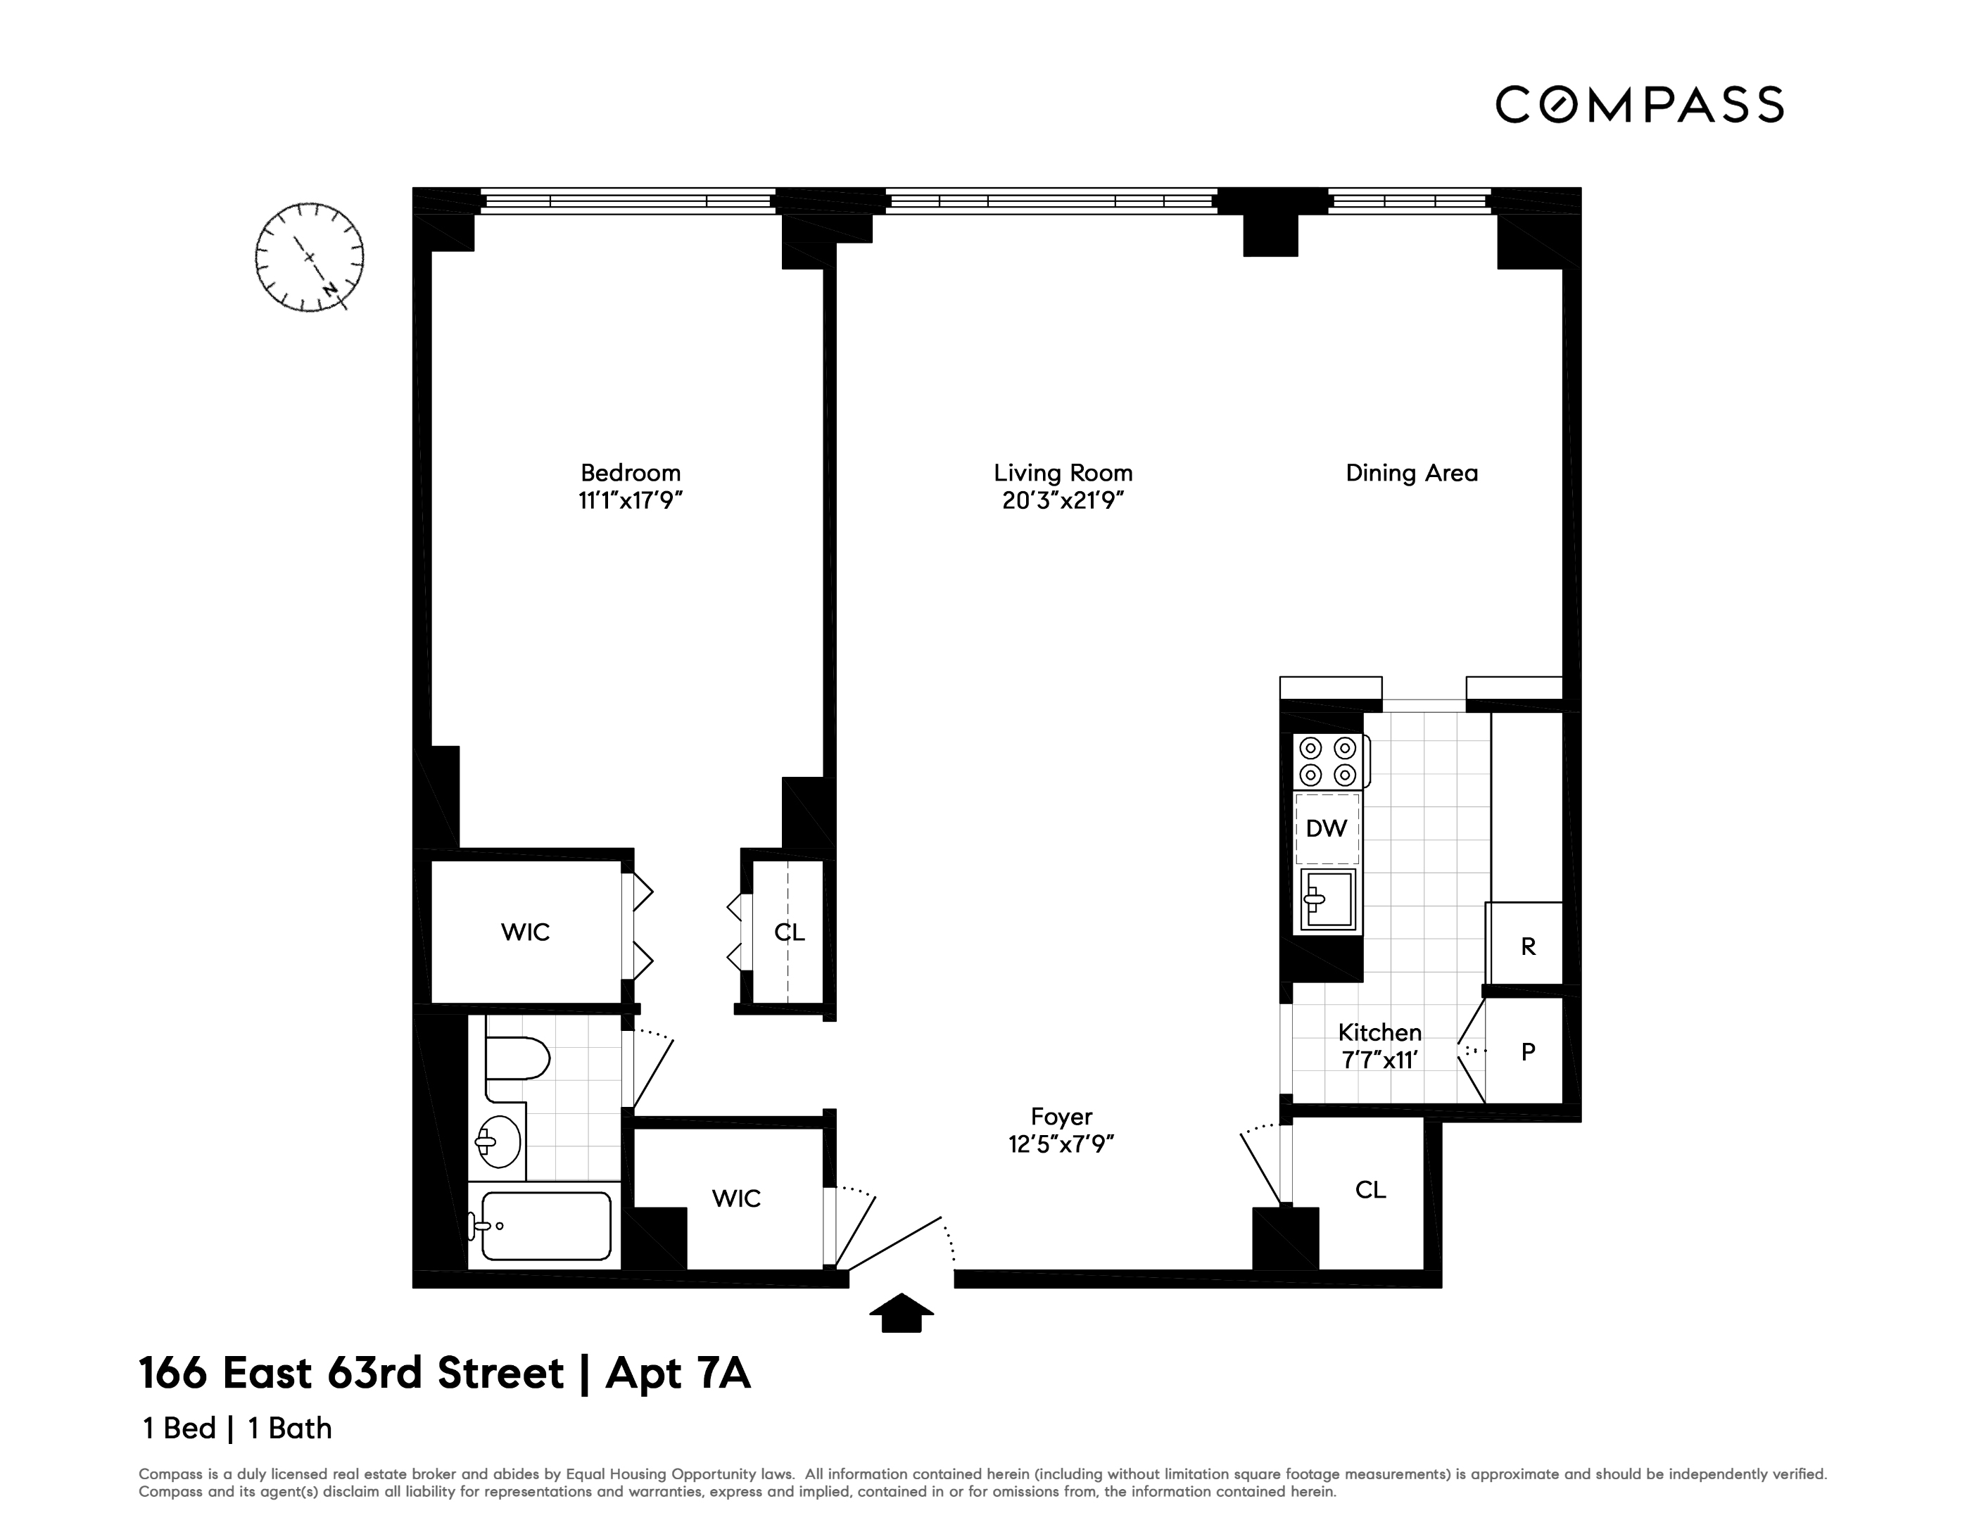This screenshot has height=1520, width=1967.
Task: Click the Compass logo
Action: [x=1638, y=104]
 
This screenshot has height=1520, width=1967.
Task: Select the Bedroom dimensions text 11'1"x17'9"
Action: [x=631, y=500]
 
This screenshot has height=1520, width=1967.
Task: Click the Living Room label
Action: [x=1063, y=473]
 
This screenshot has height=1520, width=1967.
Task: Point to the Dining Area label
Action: [x=1411, y=473]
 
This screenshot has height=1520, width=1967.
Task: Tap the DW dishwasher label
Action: [x=1327, y=828]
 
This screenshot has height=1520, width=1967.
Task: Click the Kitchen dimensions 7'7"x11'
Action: [x=1380, y=1060]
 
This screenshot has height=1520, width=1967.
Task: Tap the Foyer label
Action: [x=1061, y=1117]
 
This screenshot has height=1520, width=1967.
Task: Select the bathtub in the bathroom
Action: [x=546, y=1226]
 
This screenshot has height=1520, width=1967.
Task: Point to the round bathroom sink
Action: [x=498, y=1142]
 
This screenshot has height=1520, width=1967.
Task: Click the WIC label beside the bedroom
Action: [x=525, y=932]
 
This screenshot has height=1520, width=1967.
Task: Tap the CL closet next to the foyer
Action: [x=1370, y=1189]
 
